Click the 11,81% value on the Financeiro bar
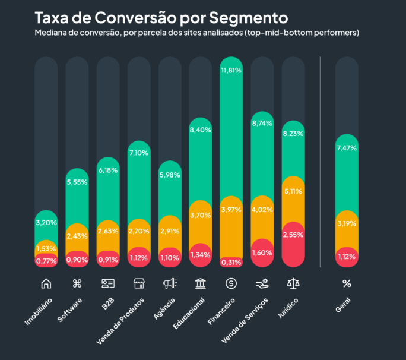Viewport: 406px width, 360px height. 231,70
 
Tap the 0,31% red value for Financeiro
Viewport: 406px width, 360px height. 231,261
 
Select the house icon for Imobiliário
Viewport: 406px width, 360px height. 46,283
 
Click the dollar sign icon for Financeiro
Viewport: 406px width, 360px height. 231,283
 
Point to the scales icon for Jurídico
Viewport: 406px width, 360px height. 293,283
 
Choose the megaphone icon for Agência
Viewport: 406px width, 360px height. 169,283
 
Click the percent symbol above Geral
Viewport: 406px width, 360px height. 347,283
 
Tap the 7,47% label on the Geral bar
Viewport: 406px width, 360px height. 347,148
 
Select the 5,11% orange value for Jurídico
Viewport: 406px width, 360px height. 293,191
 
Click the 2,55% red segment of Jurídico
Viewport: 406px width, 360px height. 293,235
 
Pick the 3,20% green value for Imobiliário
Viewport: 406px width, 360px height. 46,223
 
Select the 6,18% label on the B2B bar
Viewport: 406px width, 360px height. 107,170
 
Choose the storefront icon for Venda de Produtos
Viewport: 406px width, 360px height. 138,283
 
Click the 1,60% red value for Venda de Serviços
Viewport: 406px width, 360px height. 262,252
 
